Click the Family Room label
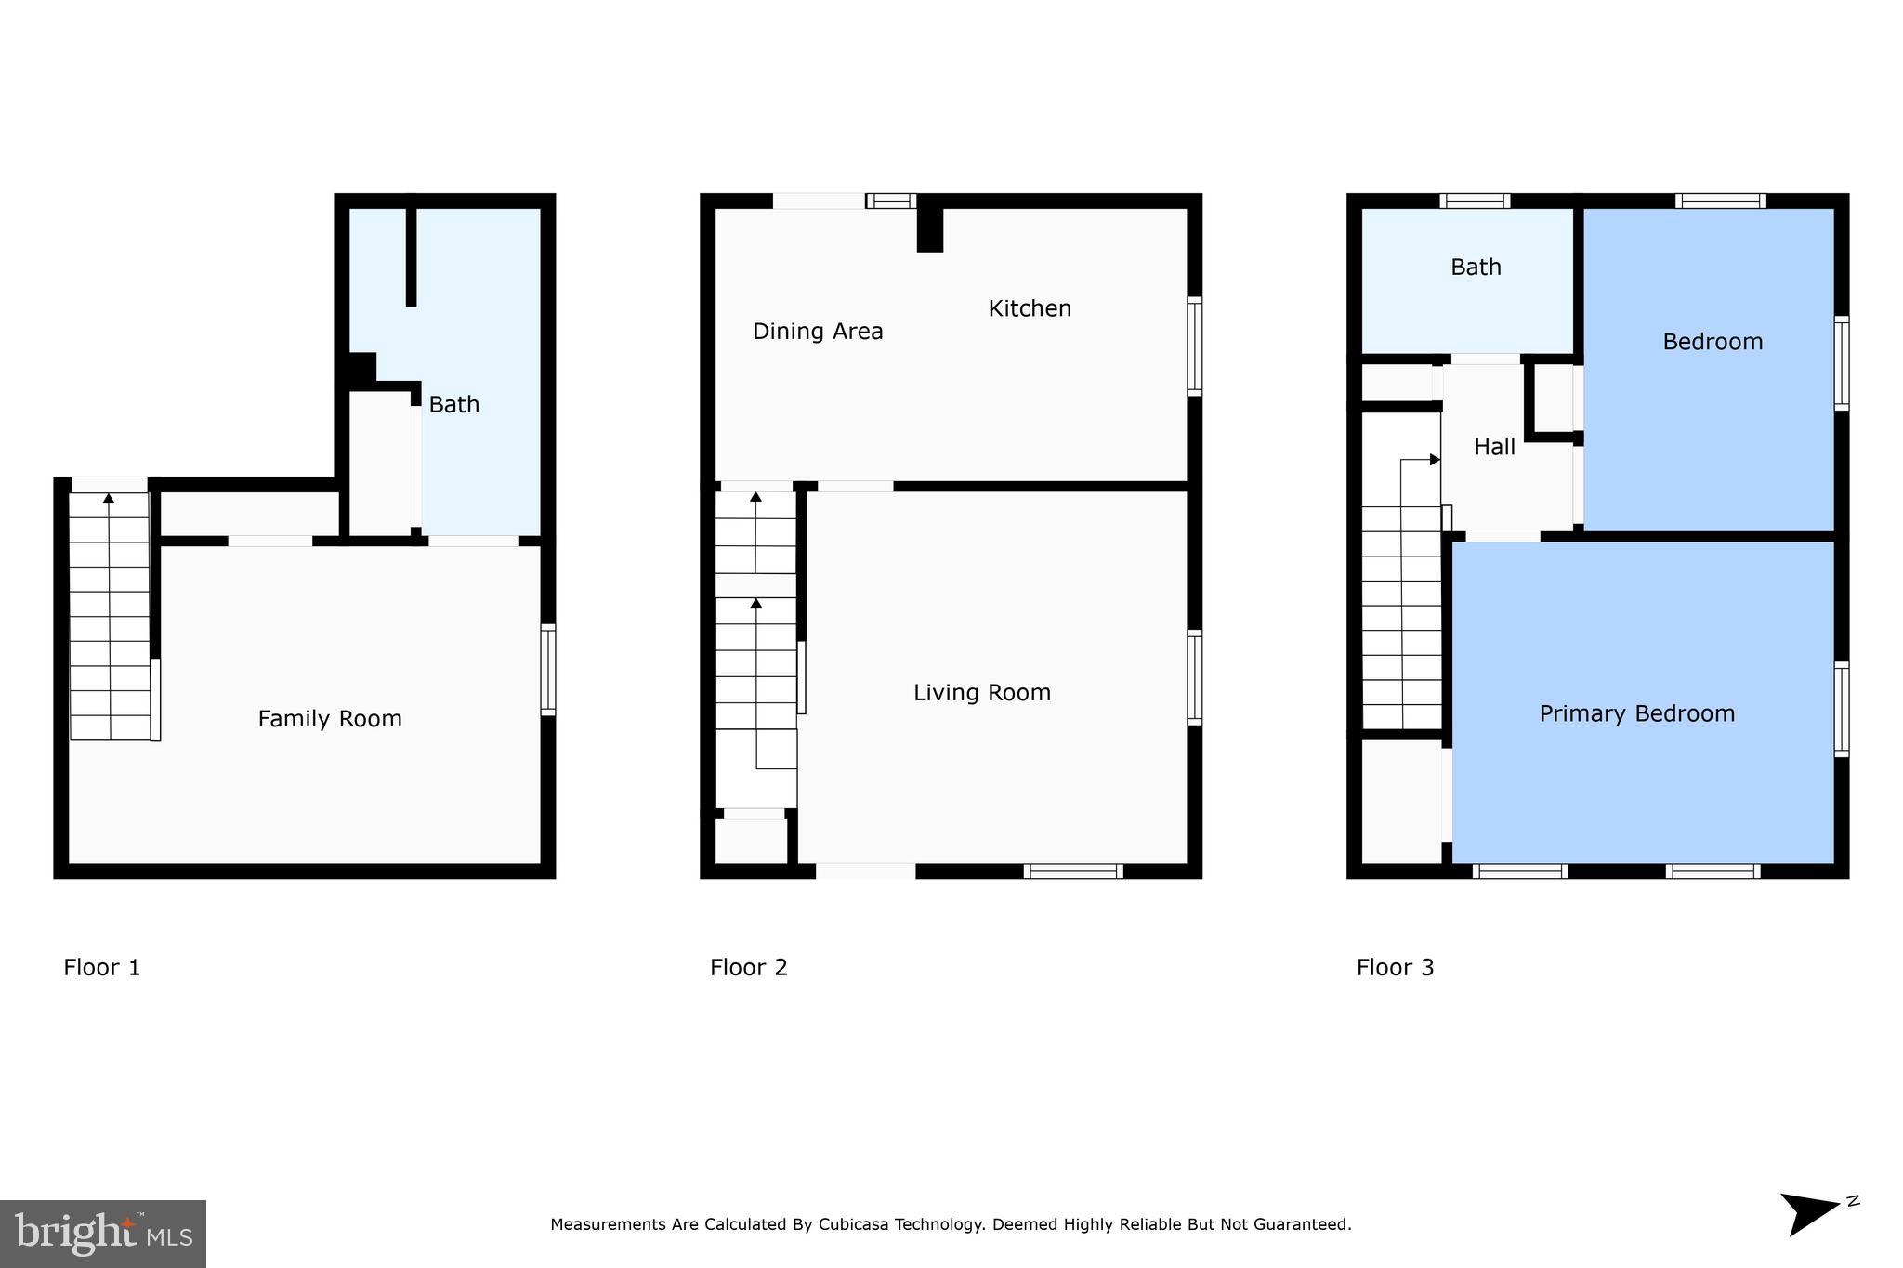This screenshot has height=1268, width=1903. point(330,718)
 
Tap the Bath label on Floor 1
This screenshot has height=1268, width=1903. point(453,404)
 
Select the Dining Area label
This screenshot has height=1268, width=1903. point(818,331)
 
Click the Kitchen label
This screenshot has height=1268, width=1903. point(1030,308)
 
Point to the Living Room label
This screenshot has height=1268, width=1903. point(982,692)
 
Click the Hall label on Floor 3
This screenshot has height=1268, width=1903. point(1494,447)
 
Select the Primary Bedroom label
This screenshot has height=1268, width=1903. point(1636,713)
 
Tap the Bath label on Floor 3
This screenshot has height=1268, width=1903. point(1476,268)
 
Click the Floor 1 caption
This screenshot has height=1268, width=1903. point(102,967)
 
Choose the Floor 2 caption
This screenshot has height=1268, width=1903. point(748,967)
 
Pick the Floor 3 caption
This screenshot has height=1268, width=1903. point(1395,967)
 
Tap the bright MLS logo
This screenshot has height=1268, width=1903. point(103,1234)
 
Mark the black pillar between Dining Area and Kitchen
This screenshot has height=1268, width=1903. point(929,229)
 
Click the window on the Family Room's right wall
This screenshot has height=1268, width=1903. point(548,669)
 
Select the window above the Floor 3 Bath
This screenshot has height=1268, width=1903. point(1475,201)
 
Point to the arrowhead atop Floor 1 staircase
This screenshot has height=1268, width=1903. point(109,499)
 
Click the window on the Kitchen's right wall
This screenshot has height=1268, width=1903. point(1195,346)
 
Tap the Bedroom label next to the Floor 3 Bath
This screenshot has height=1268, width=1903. point(1712,342)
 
